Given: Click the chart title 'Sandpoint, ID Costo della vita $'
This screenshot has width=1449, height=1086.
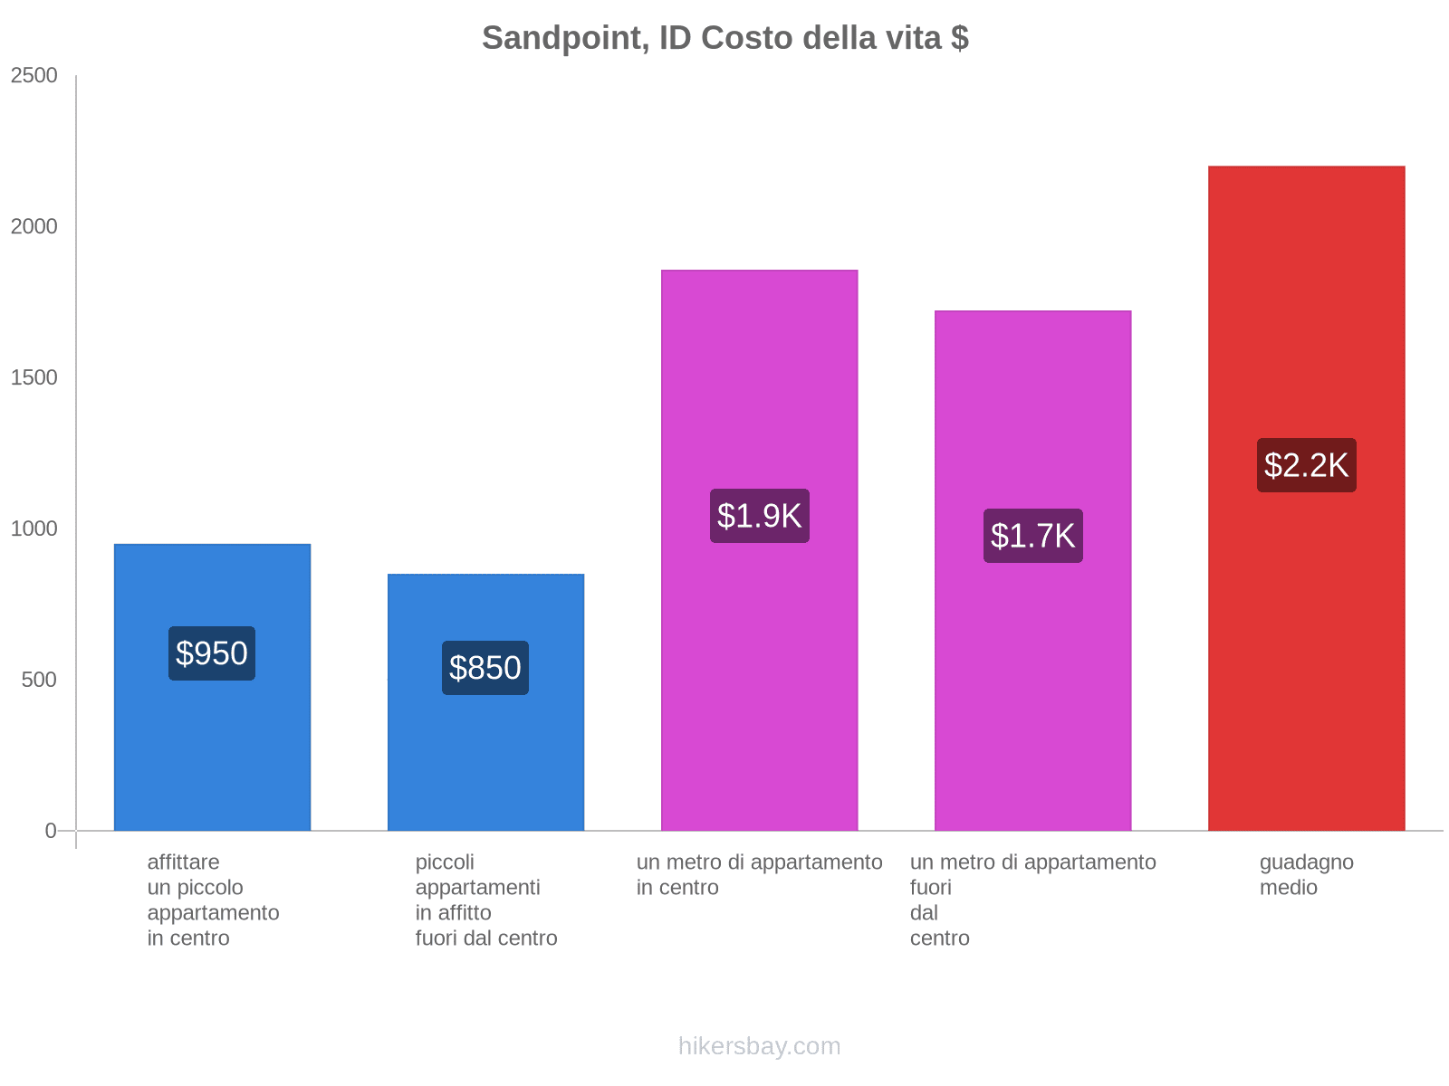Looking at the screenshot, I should point(724,38).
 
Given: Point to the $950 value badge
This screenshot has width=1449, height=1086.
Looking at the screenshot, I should point(212,653).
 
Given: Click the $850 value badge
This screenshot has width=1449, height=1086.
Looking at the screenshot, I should point(485,668).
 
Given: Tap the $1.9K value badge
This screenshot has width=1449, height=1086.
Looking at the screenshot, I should point(759,516).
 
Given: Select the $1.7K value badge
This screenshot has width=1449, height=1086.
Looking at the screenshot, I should point(1032,536).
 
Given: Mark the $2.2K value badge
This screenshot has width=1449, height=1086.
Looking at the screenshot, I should point(1306,465).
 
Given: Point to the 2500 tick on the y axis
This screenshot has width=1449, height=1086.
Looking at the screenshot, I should point(34,76).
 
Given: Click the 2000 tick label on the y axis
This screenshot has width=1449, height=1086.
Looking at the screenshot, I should point(34,227).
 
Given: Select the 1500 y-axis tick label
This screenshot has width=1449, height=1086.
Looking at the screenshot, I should point(34,378).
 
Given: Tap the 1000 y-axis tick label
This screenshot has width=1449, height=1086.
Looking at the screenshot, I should point(34,529).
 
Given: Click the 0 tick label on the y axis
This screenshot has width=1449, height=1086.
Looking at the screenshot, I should point(51,831).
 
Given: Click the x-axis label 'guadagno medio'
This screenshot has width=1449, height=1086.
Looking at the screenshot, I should point(1306,874).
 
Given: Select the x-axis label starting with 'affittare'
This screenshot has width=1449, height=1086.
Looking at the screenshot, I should point(213,900).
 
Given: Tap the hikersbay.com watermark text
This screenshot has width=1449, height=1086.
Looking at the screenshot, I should point(759,1046).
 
